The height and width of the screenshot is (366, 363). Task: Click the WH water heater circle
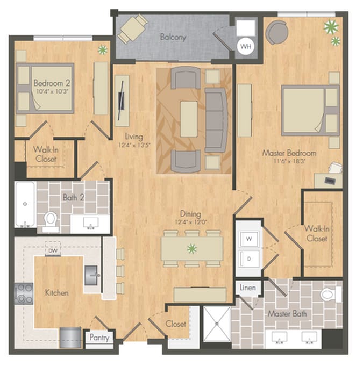coord(246,46)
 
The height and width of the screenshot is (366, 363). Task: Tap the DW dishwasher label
coord(53,251)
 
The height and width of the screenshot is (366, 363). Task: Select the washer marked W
coord(250,239)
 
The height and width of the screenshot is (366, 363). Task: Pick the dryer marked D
coord(250,259)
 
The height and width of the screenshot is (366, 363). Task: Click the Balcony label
coord(173,37)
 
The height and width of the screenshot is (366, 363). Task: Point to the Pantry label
coord(99,338)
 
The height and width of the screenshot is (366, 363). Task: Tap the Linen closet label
coord(247,288)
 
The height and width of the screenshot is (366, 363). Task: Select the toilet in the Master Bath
coord(331,295)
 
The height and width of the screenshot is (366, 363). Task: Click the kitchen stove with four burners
coord(24,293)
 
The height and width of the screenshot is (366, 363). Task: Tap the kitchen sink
coord(91,275)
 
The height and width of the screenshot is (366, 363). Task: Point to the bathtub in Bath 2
coord(25,204)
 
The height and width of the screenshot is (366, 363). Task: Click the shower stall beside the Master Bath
coord(217,324)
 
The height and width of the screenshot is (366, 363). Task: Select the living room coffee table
coord(189,119)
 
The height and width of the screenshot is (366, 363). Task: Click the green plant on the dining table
coord(192,249)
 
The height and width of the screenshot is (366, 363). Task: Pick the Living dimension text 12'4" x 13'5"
coord(134,145)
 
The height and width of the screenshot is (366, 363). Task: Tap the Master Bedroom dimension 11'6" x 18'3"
coord(289,161)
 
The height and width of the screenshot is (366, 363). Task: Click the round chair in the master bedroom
coord(277,32)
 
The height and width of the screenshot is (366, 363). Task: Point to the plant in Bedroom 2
coord(103,50)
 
